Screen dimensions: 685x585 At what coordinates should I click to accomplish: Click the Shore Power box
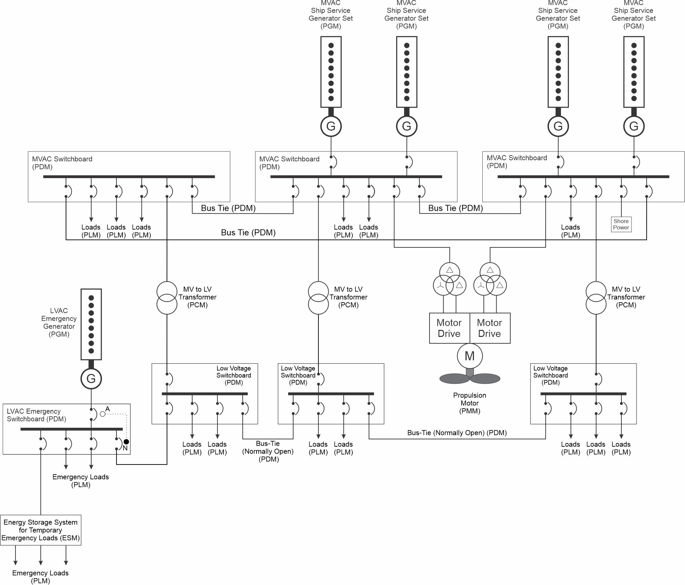point(621,225)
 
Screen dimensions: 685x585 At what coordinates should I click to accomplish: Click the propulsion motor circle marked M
point(470,356)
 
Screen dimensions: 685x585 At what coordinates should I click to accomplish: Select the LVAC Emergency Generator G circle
point(91,379)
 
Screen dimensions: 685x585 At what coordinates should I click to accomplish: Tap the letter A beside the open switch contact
point(108,409)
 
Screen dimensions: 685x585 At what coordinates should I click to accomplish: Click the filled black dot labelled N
point(126,442)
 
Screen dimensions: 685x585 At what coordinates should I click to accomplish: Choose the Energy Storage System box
point(41,530)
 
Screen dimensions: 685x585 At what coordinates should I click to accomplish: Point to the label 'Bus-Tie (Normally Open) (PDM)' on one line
point(457,433)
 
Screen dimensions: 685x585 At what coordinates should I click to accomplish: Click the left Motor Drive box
point(449,328)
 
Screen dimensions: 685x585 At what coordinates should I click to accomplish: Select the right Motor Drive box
point(490,328)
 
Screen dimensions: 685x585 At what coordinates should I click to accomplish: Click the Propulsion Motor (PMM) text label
point(470,403)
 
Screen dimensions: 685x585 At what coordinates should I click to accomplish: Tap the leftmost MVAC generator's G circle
point(331,126)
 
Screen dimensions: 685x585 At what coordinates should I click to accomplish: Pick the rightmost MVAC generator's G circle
point(634,126)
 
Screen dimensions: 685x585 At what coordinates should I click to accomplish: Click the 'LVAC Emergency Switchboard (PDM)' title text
point(36,415)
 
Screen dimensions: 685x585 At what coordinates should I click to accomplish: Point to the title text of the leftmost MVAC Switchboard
point(62,163)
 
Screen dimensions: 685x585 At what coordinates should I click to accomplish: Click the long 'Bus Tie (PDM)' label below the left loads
point(248,233)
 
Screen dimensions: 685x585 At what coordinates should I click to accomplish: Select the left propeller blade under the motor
point(454,379)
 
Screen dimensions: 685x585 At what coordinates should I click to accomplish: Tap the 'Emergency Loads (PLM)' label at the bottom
point(40,577)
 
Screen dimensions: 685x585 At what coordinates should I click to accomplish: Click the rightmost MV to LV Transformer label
point(626,297)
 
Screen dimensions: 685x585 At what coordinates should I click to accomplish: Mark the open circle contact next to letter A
point(103,414)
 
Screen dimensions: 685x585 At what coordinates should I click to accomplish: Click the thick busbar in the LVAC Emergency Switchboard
point(71,429)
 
